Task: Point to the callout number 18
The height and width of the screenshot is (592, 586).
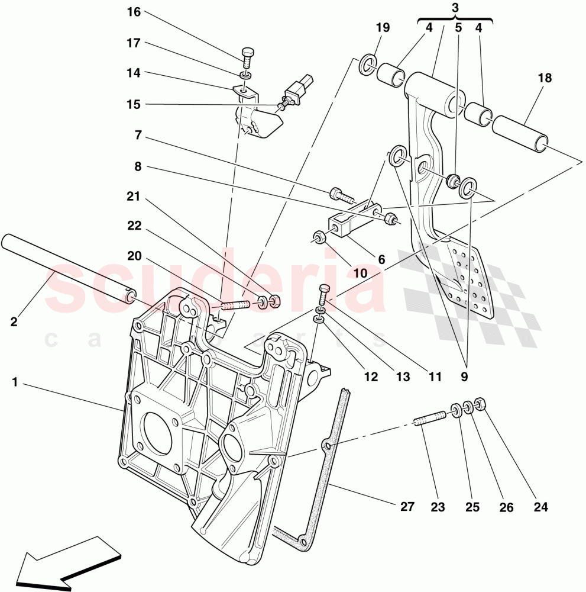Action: coord(545,78)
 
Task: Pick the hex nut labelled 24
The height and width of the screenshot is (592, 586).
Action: coord(480,405)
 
